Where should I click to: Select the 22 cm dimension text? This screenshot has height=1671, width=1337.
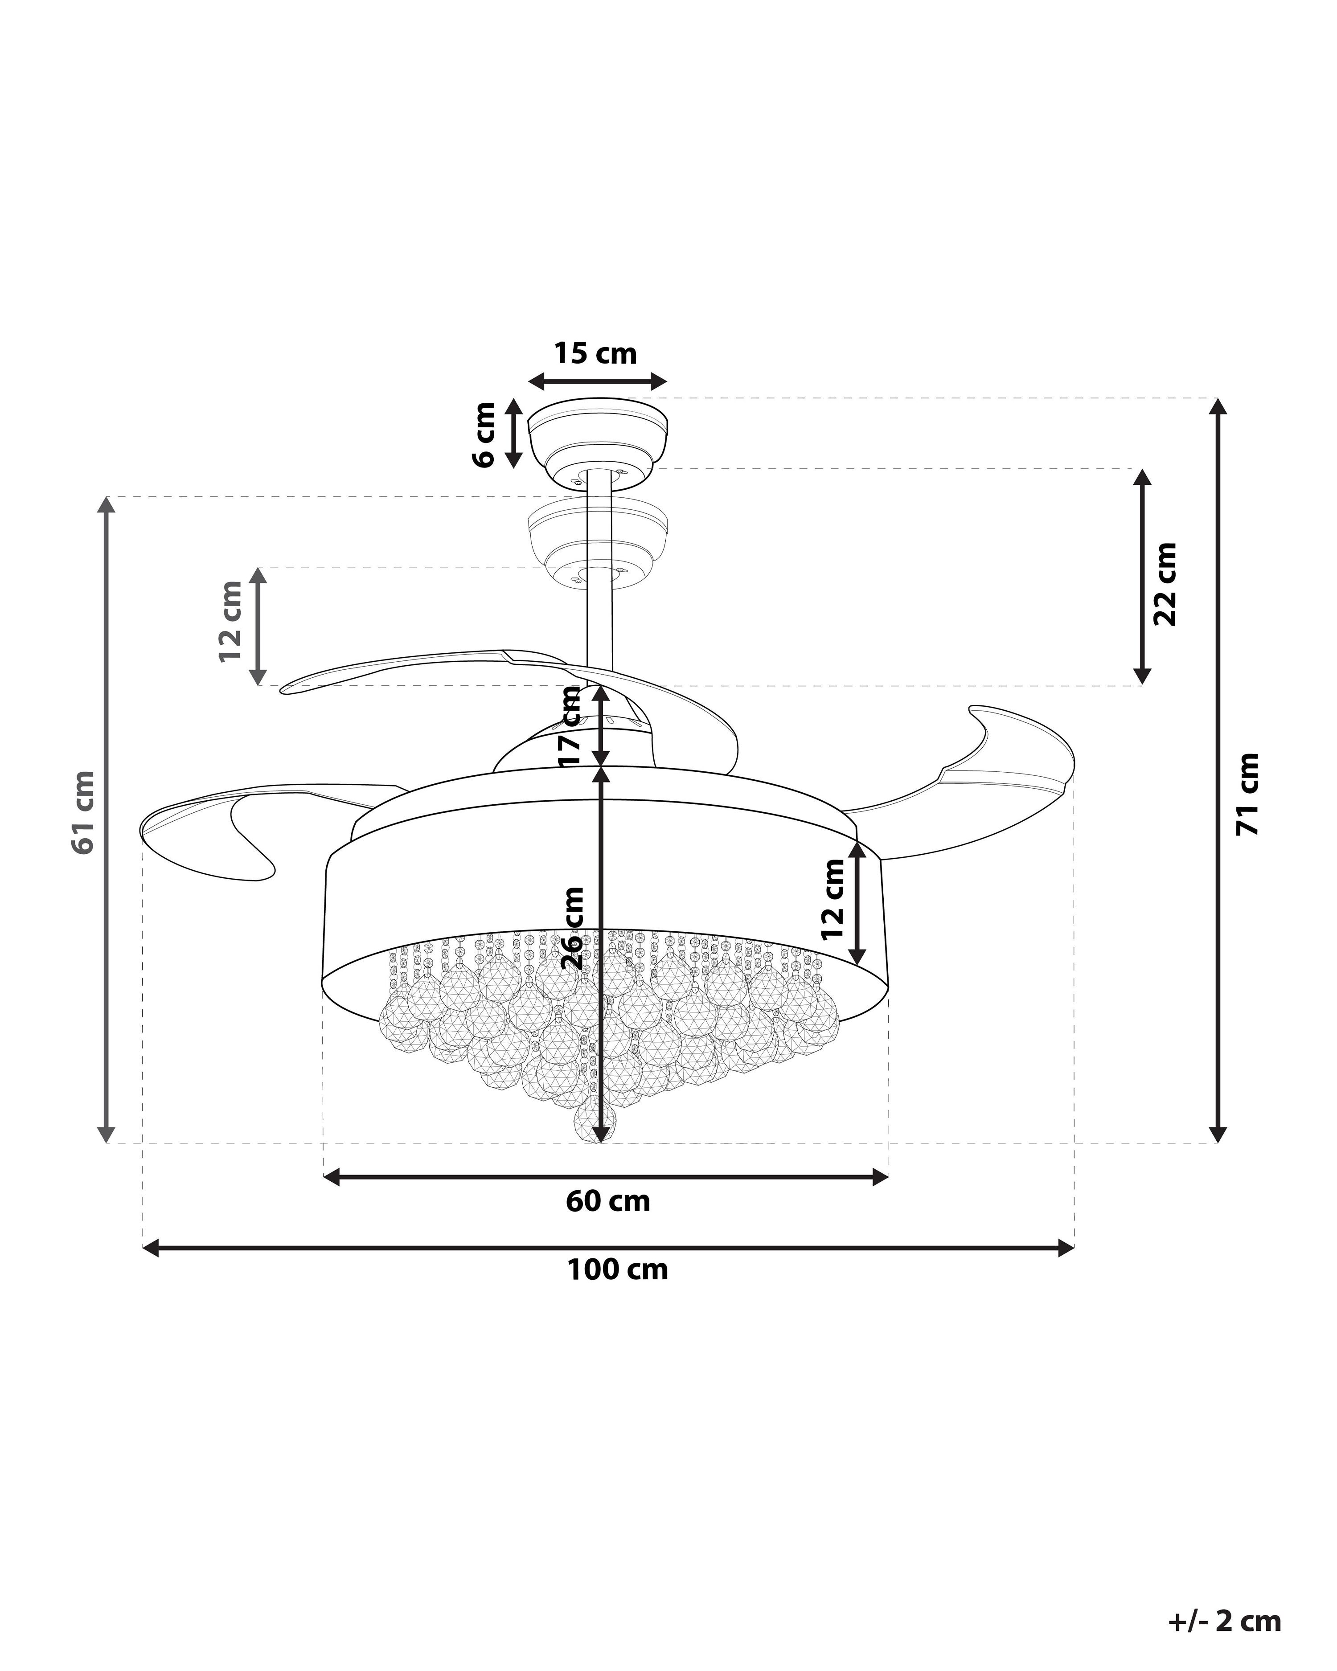tap(1164, 584)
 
